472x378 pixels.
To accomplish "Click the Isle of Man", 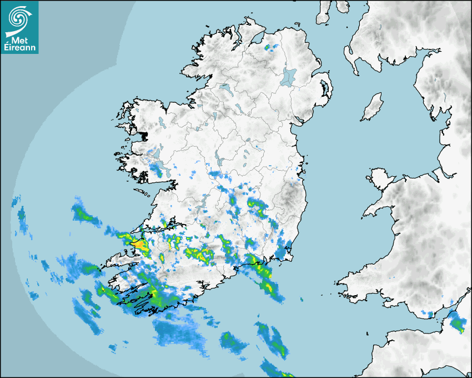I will coord(373,107).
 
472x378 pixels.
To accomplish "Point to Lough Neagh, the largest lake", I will coord(289,76).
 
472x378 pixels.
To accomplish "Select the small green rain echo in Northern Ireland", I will coord(271,47).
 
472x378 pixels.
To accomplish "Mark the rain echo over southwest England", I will coord(457,322).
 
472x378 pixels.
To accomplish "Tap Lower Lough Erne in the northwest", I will coord(225,89).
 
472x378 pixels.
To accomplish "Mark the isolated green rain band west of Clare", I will coord(83,213).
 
